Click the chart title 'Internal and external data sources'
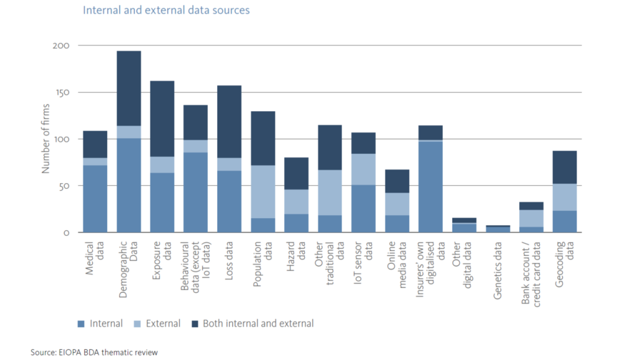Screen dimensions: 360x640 [x=166, y=10]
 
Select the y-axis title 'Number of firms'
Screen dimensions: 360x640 [x=46, y=139]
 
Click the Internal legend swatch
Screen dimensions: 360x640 [x=81, y=324]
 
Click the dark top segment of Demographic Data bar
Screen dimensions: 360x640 [x=128, y=88]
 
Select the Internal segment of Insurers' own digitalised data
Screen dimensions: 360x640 [x=430, y=187]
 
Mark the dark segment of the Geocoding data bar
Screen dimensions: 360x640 [x=564, y=167]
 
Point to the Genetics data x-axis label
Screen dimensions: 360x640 [x=497, y=270]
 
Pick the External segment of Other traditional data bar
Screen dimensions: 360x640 [x=330, y=192]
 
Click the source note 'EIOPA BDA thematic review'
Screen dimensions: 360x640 [x=94, y=352]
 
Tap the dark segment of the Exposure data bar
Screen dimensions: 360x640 [x=162, y=118]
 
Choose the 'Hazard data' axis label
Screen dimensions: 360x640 [x=296, y=258]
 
